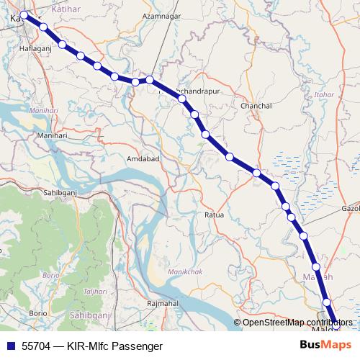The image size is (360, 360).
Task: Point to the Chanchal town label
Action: [256, 106]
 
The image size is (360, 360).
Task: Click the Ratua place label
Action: [215, 215]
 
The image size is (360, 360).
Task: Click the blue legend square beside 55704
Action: [10, 346]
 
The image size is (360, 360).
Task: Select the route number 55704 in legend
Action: [35, 346]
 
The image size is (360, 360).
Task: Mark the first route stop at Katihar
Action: [24, 14]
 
